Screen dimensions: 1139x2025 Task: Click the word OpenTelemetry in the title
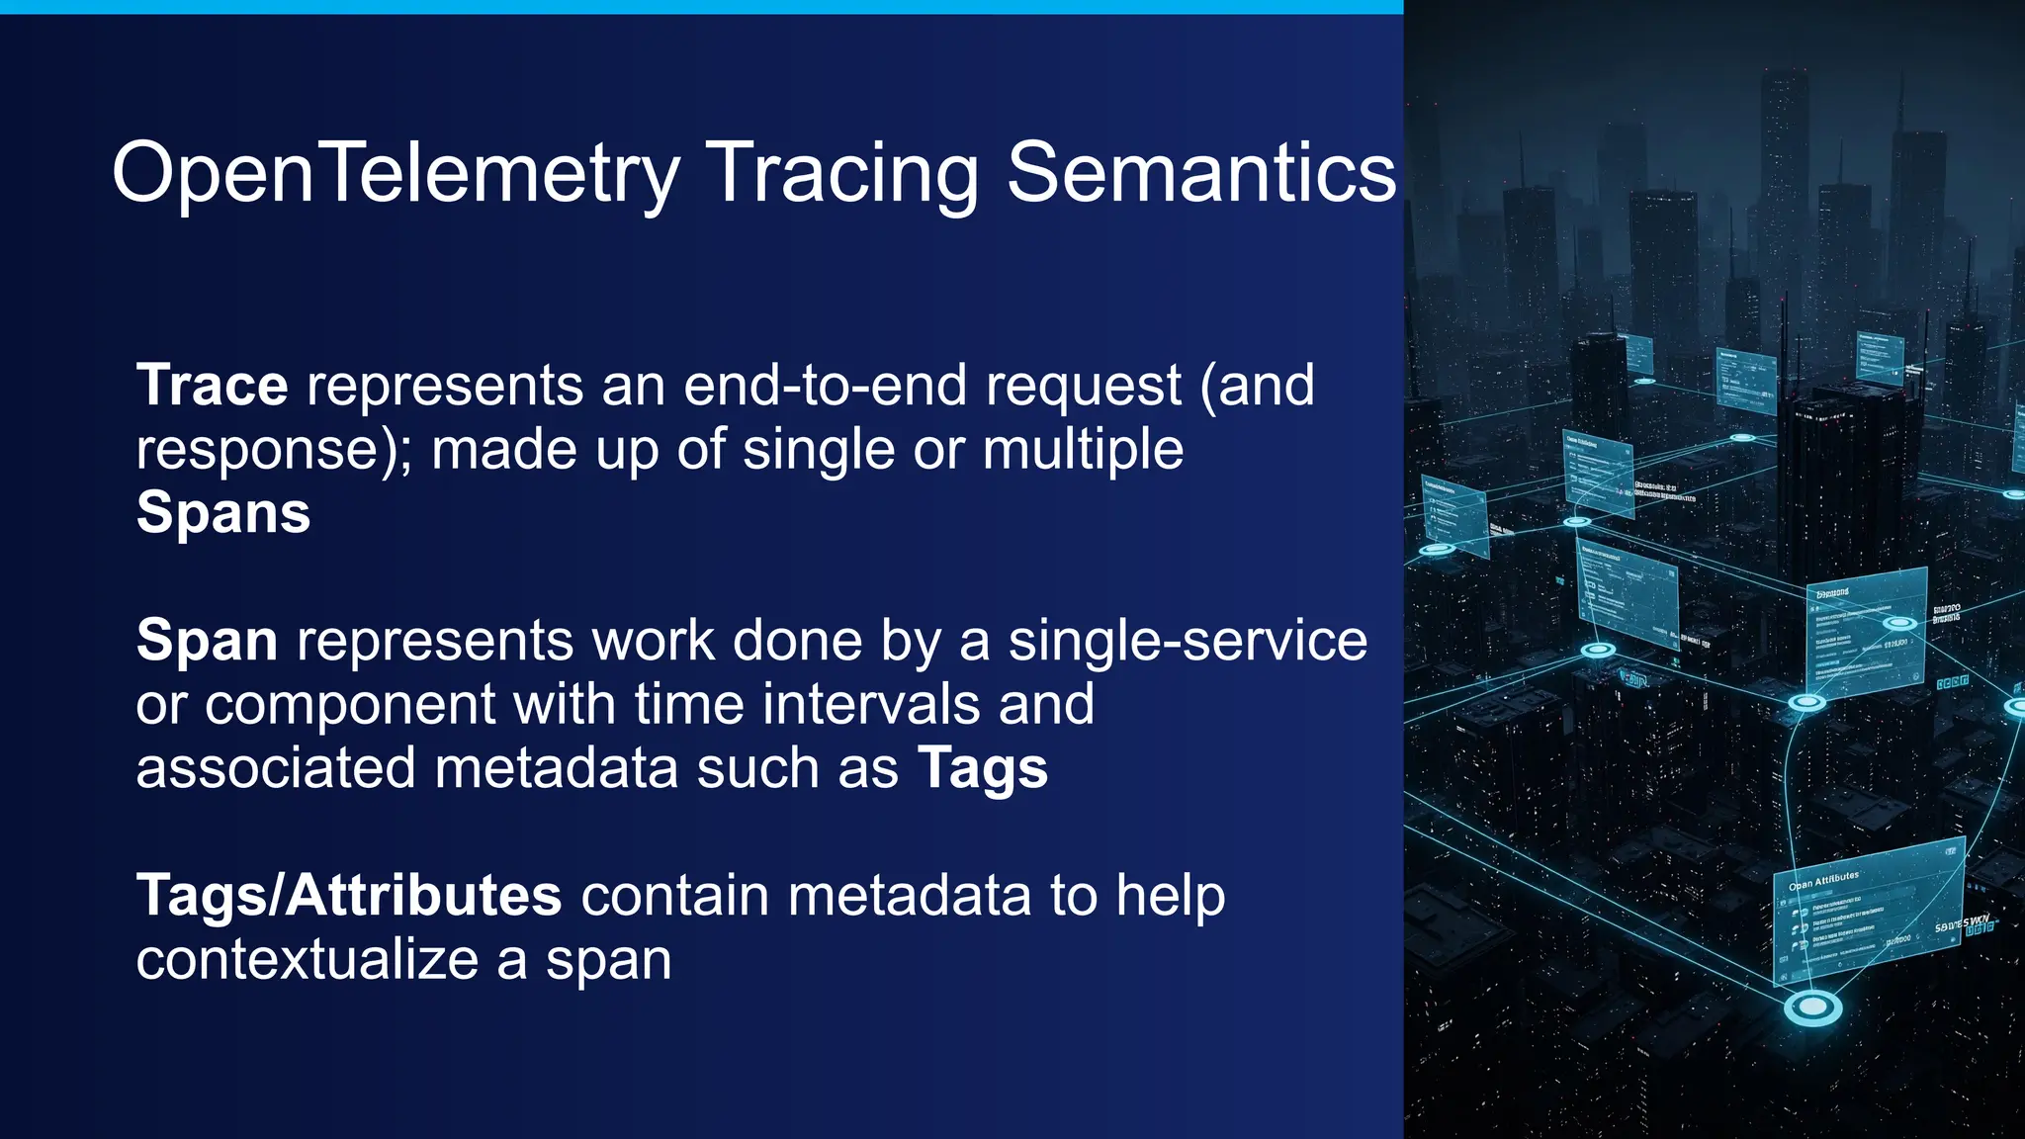[x=396, y=173]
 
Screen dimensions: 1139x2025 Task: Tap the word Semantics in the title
[x=1200, y=173]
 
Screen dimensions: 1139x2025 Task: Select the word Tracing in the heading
[x=841, y=173]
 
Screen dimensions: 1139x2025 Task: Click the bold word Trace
[x=212, y=385]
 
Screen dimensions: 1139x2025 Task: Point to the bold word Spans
[x=223, y=512]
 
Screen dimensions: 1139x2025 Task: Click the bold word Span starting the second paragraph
[x=207, y=641]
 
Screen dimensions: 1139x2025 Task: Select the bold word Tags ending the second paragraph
[x=982, y=768]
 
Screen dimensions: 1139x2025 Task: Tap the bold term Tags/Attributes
[x=349, y=896]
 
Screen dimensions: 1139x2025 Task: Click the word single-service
[x=1188, y=641]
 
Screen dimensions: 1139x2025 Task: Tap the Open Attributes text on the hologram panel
[x=1824, y=880]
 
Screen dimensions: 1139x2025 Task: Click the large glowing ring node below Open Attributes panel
[x=1812, y=1008]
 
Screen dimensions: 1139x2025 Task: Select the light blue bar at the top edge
[x=701, y=6]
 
